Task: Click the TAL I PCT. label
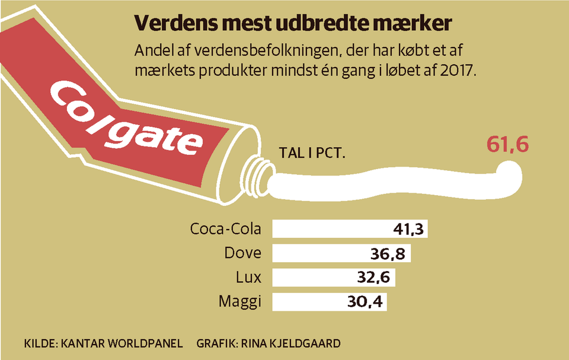(x=312, y=154)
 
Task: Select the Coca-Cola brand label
(x=226, y=229)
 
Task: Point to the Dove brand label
(x=243, y=253)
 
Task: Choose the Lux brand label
(x=248, y=278)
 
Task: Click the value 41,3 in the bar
(x=409, y=230)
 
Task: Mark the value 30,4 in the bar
(x=365, y=302)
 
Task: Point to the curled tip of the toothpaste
(x=511, y=177)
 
